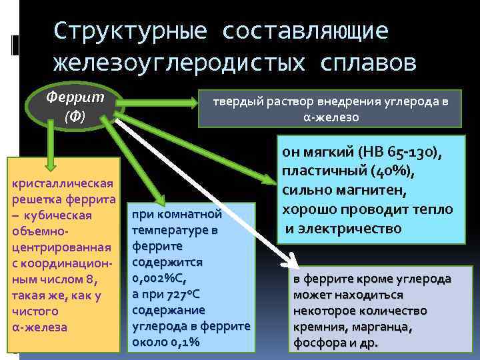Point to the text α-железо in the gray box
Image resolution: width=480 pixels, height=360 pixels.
[x=331, y=117]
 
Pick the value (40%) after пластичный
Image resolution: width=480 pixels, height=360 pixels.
[x=395, y=171]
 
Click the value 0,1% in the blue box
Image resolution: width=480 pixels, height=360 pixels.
[x=185, y=342]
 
